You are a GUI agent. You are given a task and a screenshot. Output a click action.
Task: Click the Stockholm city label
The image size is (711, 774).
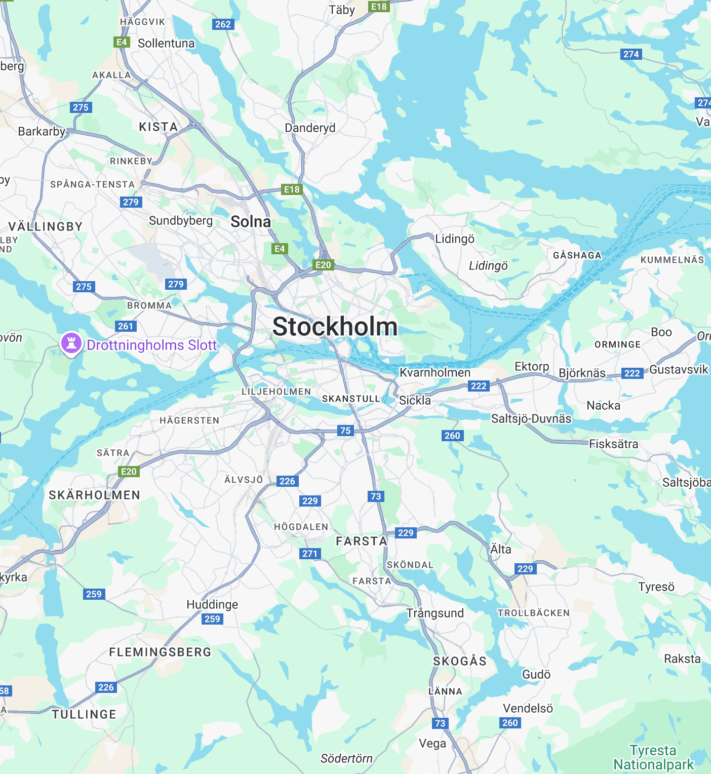(x=335, y=327)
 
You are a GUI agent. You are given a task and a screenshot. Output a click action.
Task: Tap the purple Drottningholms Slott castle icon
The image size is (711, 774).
(x=71, y=343)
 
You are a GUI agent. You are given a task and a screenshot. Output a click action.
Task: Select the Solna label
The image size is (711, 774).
(x=251, y=221)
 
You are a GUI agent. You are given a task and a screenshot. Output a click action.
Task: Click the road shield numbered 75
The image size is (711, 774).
(x=345, y=431)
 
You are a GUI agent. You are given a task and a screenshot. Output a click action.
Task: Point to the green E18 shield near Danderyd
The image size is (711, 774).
(x=292, y=189)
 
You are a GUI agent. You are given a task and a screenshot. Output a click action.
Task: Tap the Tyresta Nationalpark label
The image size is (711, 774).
(x=653, y=757)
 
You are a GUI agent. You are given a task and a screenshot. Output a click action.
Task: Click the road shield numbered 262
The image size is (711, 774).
(x=223, y=24)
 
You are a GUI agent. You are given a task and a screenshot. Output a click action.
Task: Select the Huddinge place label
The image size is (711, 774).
(x=212, y=604)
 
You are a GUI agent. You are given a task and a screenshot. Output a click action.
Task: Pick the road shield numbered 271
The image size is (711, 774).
(x=310, y=554)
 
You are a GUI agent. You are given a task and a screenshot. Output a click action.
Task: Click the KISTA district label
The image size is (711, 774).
(x=159, y=127)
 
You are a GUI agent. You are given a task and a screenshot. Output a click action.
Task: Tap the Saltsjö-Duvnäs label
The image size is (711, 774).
(x=531, y=418)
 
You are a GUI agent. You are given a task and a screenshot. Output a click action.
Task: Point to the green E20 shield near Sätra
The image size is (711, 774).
(x=129, y=472)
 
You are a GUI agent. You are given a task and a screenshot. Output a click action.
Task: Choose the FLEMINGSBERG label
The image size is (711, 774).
(x=161, y=652)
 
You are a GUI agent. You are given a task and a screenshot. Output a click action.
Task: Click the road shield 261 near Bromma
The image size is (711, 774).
(x=126, y=326)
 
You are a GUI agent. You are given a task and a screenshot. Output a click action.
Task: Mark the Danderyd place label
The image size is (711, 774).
(x=310, y=128)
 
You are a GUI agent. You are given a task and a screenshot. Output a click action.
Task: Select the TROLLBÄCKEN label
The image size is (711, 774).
(x=534, y=613)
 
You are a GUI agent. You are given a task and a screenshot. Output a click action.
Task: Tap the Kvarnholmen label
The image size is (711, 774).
(x=435, y=372)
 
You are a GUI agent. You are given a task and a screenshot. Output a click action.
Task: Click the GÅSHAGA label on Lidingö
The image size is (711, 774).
(x=577, y=255)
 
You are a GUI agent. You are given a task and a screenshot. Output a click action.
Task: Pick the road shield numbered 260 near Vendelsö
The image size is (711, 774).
(x=510, y=723)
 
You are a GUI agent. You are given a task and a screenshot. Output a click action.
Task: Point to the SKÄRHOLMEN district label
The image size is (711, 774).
(x=95, y=495)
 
